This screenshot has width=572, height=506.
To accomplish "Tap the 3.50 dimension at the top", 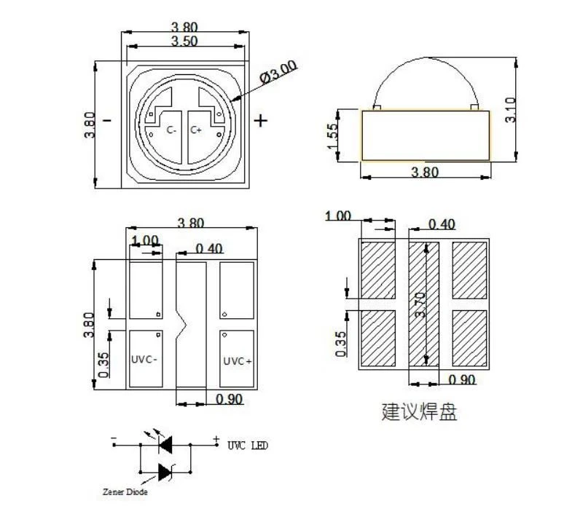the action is pos(184,41).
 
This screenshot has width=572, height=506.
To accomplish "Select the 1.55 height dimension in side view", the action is pos(332,136).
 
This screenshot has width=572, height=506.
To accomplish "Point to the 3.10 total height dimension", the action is pos(511,110).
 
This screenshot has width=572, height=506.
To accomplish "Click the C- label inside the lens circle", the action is pos(171,130).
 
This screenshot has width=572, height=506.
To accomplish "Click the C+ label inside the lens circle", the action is pos(196,130).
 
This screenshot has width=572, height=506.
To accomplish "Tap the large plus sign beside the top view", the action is pos(261,121).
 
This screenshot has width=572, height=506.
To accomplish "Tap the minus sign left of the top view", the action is pos(107,120).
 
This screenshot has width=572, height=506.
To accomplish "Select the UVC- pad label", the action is pos(144,360).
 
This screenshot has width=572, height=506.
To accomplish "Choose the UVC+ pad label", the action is pos(237,361).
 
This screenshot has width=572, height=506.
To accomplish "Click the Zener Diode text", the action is pos(125,492).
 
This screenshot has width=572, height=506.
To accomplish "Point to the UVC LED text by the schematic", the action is pos(248,446).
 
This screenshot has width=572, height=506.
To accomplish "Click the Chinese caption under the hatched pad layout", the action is pos(419,411).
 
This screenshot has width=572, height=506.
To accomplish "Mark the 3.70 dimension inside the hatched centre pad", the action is pos(420,305).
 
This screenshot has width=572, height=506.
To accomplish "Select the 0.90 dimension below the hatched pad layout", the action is pos(462,380).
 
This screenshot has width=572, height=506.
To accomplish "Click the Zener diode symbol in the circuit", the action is pos(165,473).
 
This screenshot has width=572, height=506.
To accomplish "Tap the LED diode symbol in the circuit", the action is pos(165,445).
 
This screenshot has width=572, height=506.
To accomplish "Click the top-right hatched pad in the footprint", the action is pos(469,270).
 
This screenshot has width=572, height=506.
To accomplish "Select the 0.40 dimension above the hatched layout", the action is pos(442,224).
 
